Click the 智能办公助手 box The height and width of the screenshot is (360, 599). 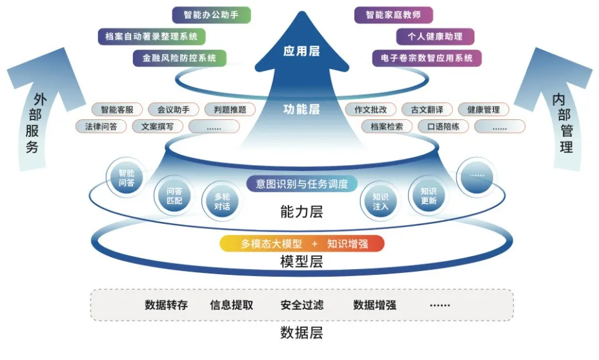click(211, 15)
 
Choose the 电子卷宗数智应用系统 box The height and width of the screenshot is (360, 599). click(427, 58)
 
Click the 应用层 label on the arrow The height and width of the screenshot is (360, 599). click(301, 51)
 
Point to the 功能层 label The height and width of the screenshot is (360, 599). click(301, 110)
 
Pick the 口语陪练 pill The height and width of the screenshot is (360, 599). click(443, 126)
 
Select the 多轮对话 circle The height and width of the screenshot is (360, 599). click(221, 201)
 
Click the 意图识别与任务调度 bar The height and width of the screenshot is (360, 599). click(301, 184)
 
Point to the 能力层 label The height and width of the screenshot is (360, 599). click(301, 212)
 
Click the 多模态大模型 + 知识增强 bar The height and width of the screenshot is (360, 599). click(301, 244)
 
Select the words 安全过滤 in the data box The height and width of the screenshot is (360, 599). click(302, 305)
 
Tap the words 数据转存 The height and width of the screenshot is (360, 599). click(167, 305)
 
